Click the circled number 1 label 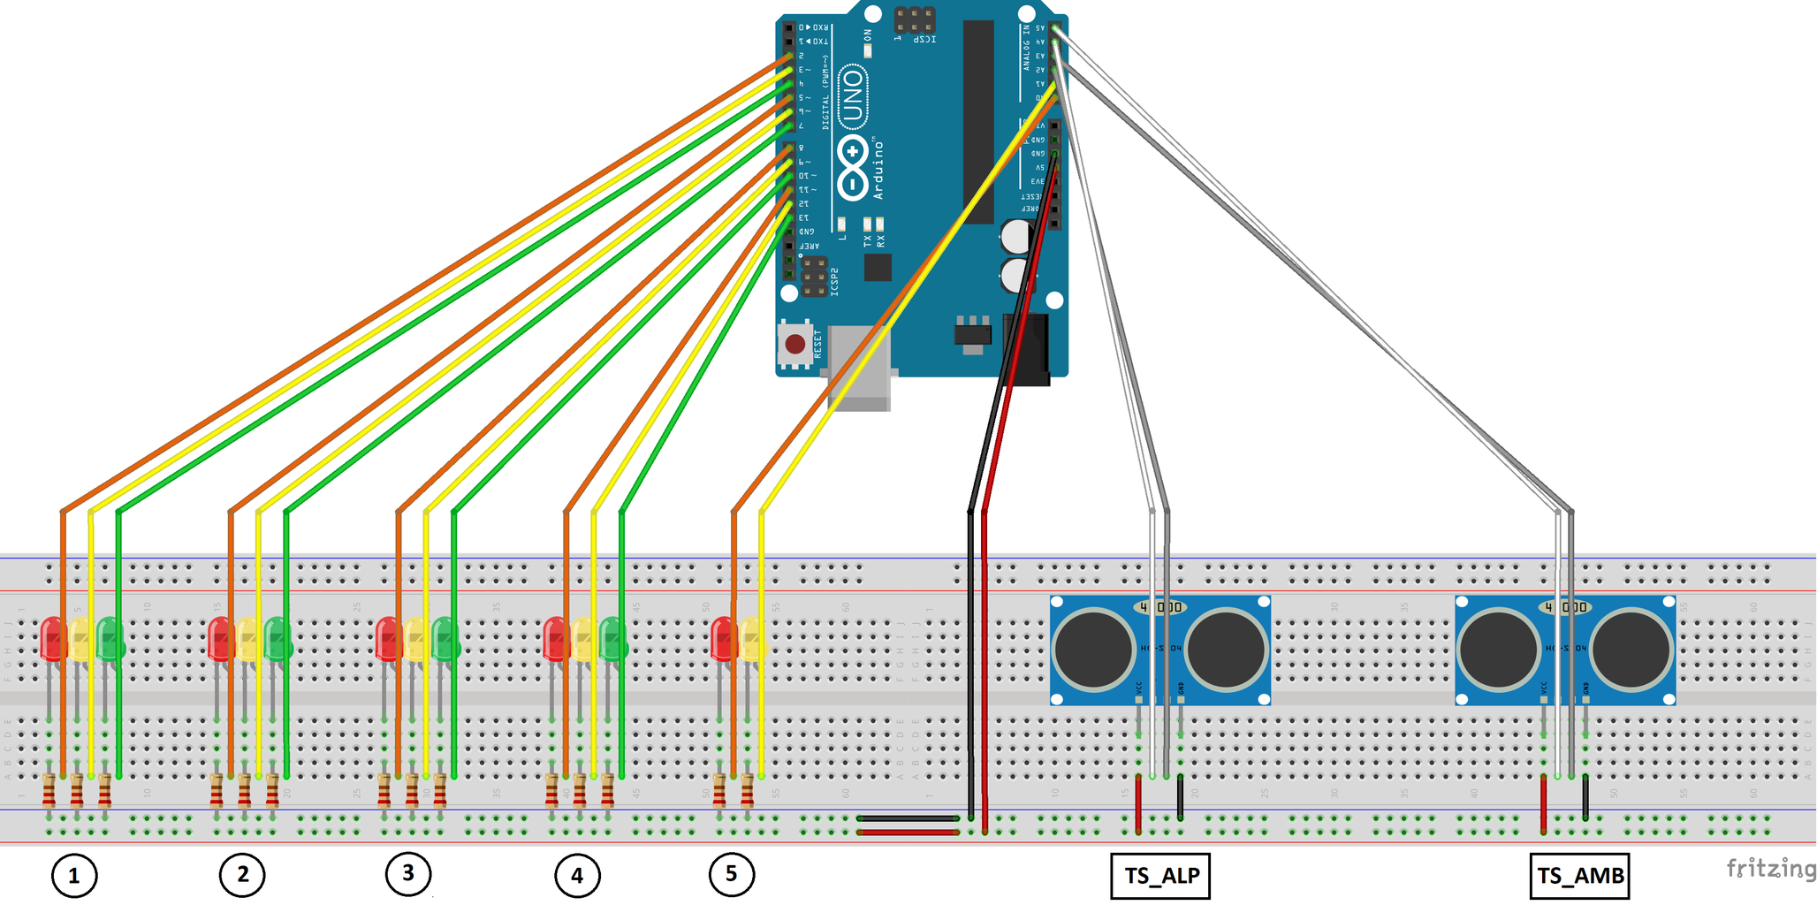pyautogui.click(x=74, y=876)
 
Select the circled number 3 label pyautogui.click(x=408, y=873)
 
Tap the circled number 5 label pyautogui.click(x=732, y=874)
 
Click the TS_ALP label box pyautogui.click(x=1160, y=876)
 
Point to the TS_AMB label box pyautogui.click(x=1579, y=876)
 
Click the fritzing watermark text pyautogui.click(x=1770, y=869)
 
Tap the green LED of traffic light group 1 pyautogui.click(x=110, y=639)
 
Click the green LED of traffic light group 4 pyautogui.click(x=612, y=639)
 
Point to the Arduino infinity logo pyautogui.click(x=852, y=167)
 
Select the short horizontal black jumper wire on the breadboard pyautogui.click(x=908, y=818)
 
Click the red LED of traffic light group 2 pyautogui.click(x=219, y=638)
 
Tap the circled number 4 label pyautogui.click(x=577, y=876)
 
